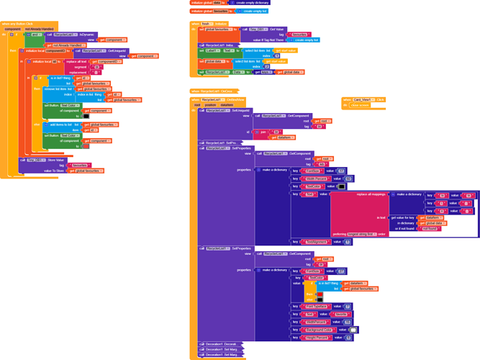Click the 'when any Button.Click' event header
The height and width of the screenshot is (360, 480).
[18, 23]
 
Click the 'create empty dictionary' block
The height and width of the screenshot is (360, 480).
[252, 3]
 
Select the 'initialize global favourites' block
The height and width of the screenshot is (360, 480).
[209, 12]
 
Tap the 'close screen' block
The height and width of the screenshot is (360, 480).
[359, 105]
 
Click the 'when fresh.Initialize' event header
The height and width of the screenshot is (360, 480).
[209, 24]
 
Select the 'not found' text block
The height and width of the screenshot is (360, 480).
[430, 228]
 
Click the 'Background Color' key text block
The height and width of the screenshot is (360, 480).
[318, 330]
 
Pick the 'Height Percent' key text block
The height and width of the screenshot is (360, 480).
[317, 338]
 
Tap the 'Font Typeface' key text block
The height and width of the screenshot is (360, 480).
[316, 306]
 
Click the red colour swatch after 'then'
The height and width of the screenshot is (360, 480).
[320, 294]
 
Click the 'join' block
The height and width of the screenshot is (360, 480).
[264, 132]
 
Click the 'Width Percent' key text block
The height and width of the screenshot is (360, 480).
[317, 179]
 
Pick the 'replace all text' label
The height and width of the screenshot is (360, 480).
[76, 61]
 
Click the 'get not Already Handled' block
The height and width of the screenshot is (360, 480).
[68, 45]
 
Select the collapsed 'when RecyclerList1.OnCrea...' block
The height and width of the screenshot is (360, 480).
[214, 91]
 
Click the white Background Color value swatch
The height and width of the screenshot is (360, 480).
[353, 330]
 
